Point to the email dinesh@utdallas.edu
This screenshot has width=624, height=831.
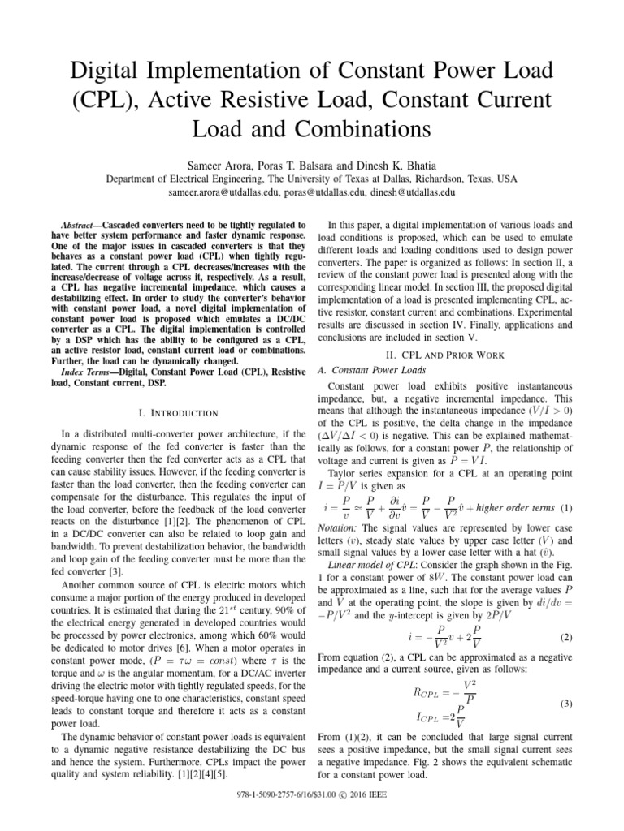click(x=412, y=194)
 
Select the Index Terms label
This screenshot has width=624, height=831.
click(x=92, y=372)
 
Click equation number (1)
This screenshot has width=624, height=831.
click(x=566, y=509)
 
